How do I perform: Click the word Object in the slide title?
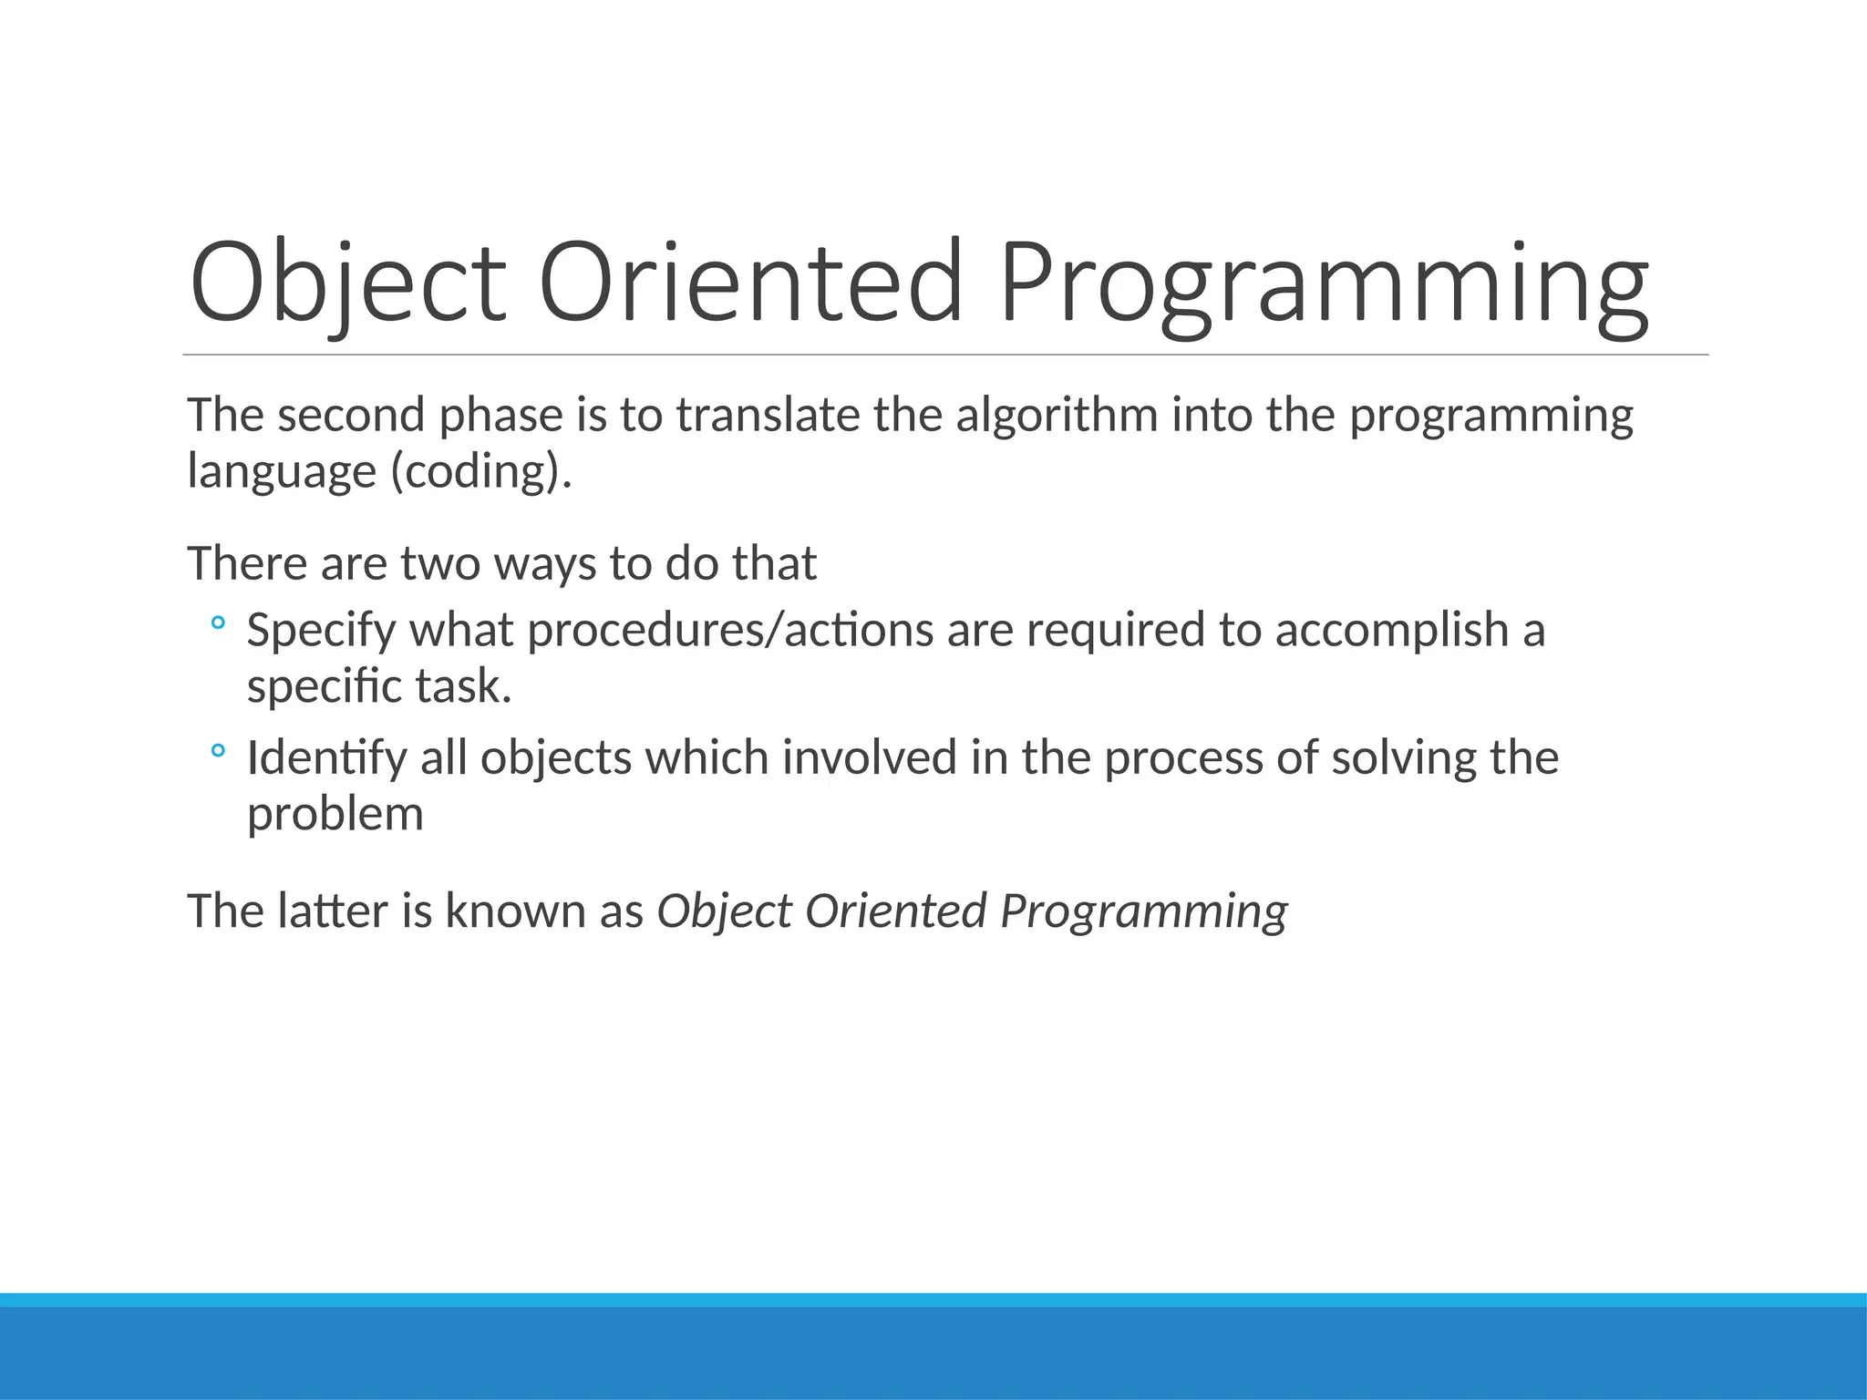[346, 283]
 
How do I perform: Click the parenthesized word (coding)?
[481, 472]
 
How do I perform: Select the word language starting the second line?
[282, 472]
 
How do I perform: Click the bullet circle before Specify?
[217, 624]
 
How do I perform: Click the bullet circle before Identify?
[217, 752]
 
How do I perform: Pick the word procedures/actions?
[730, 630]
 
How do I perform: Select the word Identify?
[326, 758]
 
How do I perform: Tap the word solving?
[1403, 758]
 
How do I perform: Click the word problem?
[335, 814]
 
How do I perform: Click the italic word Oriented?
[895, 911]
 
